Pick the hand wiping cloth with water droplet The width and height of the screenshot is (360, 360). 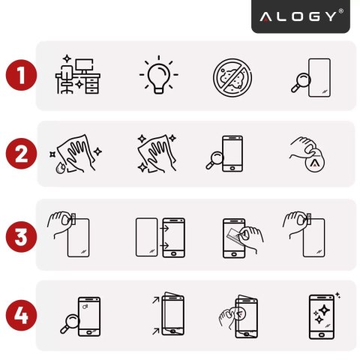77,154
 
